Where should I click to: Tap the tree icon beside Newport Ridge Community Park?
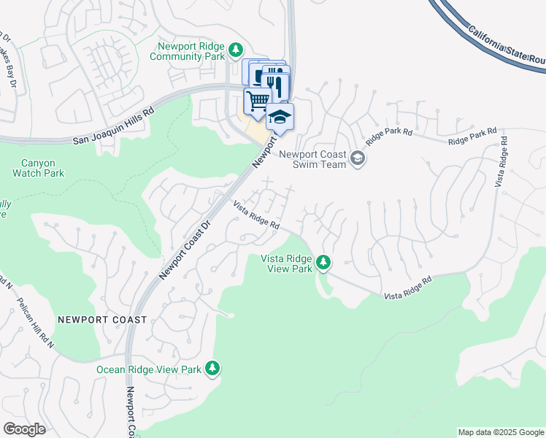pyautogui.click(x=235, y=50)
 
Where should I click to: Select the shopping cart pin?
pyautogui.click(x=257, y=100)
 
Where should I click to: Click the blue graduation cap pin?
pyautogui.click(x=280, y=116)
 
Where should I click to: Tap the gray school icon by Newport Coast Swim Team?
pyautogui.click(x=357, y=158)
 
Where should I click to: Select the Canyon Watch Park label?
pyautogui.click(x=38, y=168)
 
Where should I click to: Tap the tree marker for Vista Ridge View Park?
pyautogui.click(x=323, y=262)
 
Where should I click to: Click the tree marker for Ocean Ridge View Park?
pyautogui.click(x=212, y=368)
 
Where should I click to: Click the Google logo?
pyautogui.click(x=24, y=429)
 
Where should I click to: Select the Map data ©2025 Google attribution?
pyautogui.click(x=500, y=432)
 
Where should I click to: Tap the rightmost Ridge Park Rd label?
pyautogui.click(x=473, y=139)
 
